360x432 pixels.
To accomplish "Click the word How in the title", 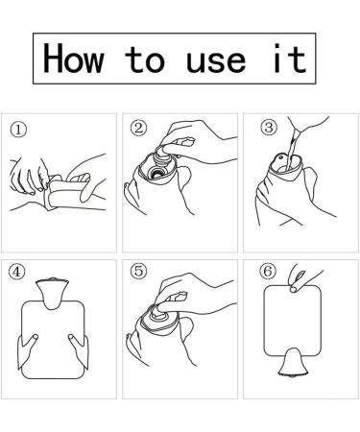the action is tap(73, 59).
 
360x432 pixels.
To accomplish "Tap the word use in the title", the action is tap(216, 60).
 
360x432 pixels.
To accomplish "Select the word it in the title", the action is tap(290, 59).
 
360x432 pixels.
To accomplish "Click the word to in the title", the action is tap(144, 60).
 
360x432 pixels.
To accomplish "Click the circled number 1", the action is tap(18, 130).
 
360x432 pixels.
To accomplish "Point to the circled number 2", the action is tap(138, 128).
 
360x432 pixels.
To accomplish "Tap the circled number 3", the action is tap(269, 127).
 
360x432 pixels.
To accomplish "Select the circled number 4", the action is tap(16, 272).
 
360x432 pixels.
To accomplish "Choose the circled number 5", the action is tap(138, 271).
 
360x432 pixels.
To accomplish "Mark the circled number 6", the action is tap(268, 271).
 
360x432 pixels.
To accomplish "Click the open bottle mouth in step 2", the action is tap(157, 173).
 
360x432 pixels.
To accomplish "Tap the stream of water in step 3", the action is tap(291, 151).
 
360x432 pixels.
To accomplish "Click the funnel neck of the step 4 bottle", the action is tap(52, 294).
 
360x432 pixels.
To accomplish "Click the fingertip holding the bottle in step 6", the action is tap(294, 289).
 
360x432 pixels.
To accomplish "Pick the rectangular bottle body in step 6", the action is tap(292, 321).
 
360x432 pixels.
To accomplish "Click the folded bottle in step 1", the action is tap(67, 192).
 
